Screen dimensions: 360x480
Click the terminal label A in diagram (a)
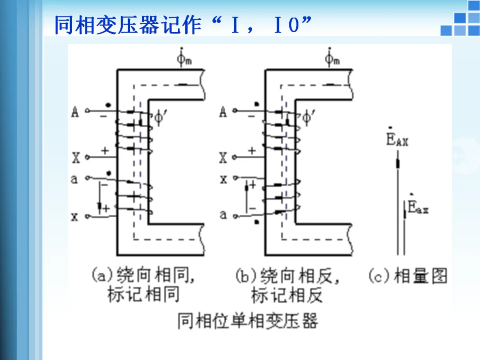coord(75,112)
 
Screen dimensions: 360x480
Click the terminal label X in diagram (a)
coord(76,157)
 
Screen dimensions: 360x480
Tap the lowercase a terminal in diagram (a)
coord(75,179)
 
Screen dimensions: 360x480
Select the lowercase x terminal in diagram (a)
coord(75,217)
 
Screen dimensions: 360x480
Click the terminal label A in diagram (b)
coord(223,112)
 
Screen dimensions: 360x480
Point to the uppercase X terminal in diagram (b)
coord(223,157)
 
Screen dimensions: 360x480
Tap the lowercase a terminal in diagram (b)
coord(223,215)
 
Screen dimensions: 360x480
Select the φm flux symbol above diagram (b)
coord(332,58)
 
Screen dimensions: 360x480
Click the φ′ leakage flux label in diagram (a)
coord(160,118)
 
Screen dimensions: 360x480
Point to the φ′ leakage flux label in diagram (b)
coord(308,118)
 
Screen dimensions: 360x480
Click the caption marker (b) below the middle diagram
coord(245,276)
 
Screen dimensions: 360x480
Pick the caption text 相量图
coord(420,276)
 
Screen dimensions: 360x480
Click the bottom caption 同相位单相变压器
coord(248,321)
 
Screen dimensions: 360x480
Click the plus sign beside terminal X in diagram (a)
coord(105,151)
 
